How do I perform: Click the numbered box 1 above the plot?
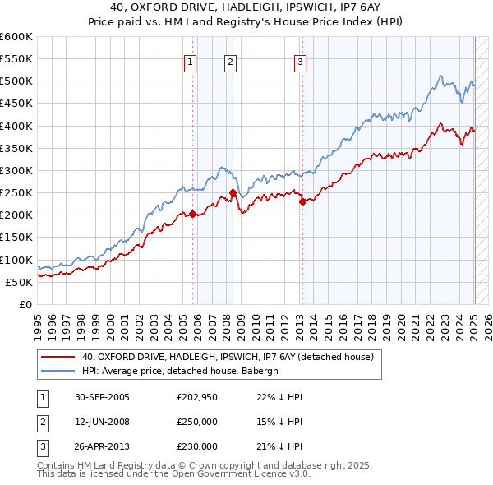coord(190,61)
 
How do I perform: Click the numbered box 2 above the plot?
coord(230,61)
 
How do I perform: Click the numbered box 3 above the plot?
coord(300,61)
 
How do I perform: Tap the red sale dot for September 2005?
coord(193,215)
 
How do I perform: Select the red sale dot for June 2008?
coord(233,193)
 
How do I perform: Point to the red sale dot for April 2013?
coord(302,201)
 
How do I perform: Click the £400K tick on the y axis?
coord(16,126)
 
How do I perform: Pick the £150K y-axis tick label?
coord(16,238)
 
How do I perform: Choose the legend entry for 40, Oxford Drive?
coord(228,357)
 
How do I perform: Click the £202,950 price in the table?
coord(197,397)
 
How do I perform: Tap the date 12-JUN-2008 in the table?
coord(103,422)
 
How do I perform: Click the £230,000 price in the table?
coord(197,446)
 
